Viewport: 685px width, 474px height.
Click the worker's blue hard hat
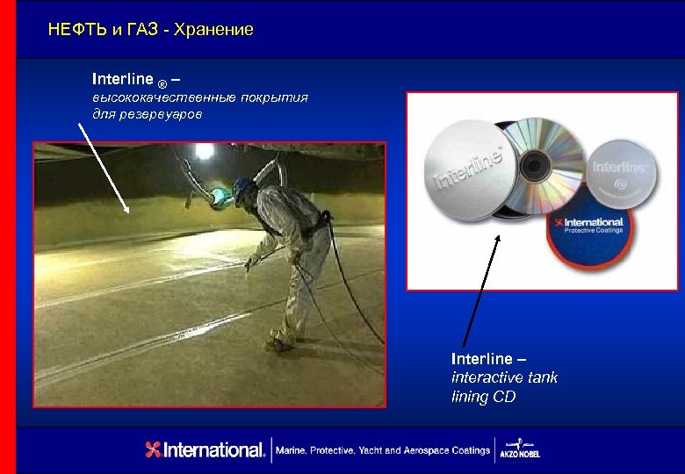(242, 187)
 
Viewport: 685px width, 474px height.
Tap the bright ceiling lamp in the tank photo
(205, 151)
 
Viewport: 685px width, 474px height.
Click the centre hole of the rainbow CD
(533, 164)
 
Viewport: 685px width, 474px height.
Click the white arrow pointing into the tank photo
(104, 166)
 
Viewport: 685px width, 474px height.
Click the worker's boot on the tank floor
(278, 344)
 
